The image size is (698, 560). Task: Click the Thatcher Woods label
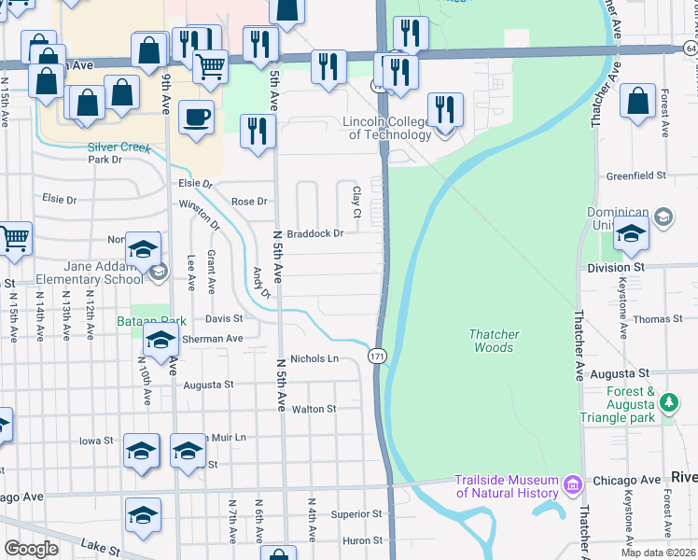coord(493,341)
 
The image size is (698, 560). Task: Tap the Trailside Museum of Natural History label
coord(506,486)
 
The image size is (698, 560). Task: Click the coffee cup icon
coord(196,118)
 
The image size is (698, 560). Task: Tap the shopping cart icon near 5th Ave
coord(211,65)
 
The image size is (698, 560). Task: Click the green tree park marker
coord(668,403)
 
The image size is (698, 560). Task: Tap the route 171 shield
coord(376,357)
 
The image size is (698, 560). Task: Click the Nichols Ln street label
coord(313,358)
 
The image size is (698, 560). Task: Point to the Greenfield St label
coord(635,175)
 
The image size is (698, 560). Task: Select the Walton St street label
coord(314,409)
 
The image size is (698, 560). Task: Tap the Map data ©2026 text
coord(657,553)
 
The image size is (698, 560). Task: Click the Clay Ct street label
coord(356,197)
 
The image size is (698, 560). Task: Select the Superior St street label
coord(356,514)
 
